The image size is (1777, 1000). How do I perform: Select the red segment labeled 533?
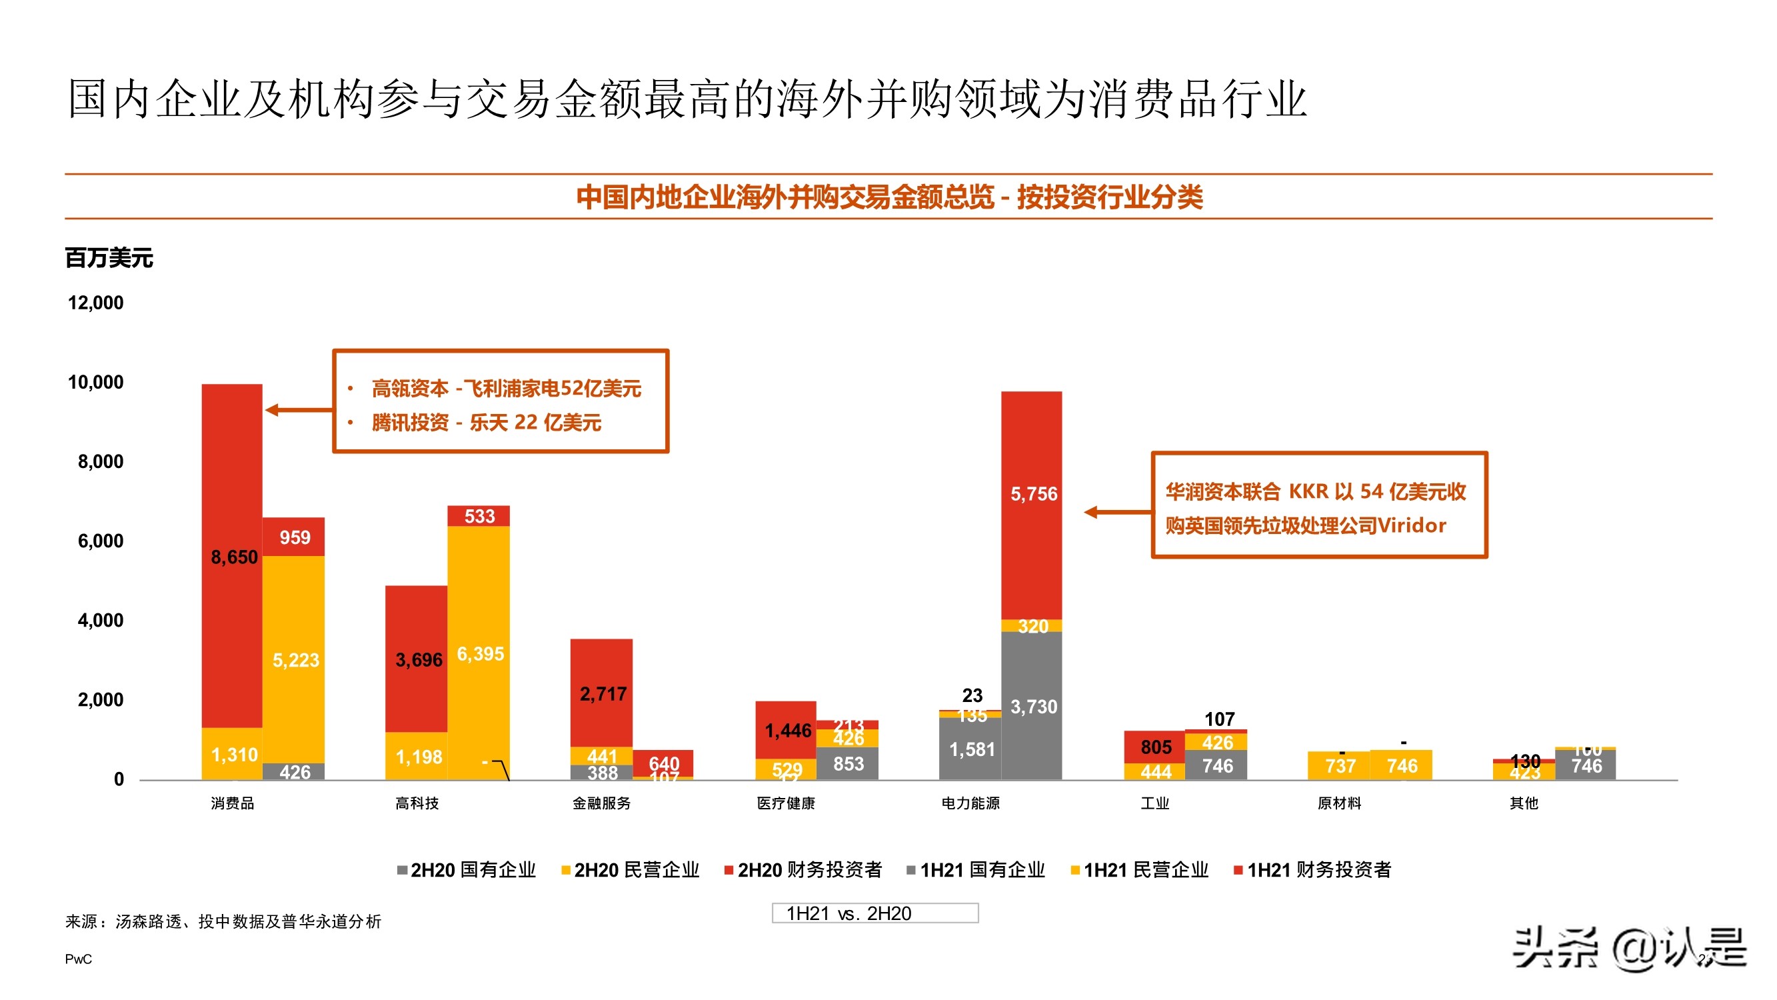coord(479,515)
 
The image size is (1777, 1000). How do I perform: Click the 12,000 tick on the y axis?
coord(96,303)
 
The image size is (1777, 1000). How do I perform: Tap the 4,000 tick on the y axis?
coord(101,621)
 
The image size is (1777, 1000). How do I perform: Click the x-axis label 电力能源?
coord(970,803)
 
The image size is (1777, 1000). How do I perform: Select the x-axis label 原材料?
coord(1339,803)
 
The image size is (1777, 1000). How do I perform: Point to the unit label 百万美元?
coord(109,258)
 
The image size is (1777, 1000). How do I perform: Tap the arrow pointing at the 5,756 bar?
coord(1117,512)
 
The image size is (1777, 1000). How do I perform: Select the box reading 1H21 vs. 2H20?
coord(875,913)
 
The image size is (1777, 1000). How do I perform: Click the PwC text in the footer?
coord(78,959)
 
